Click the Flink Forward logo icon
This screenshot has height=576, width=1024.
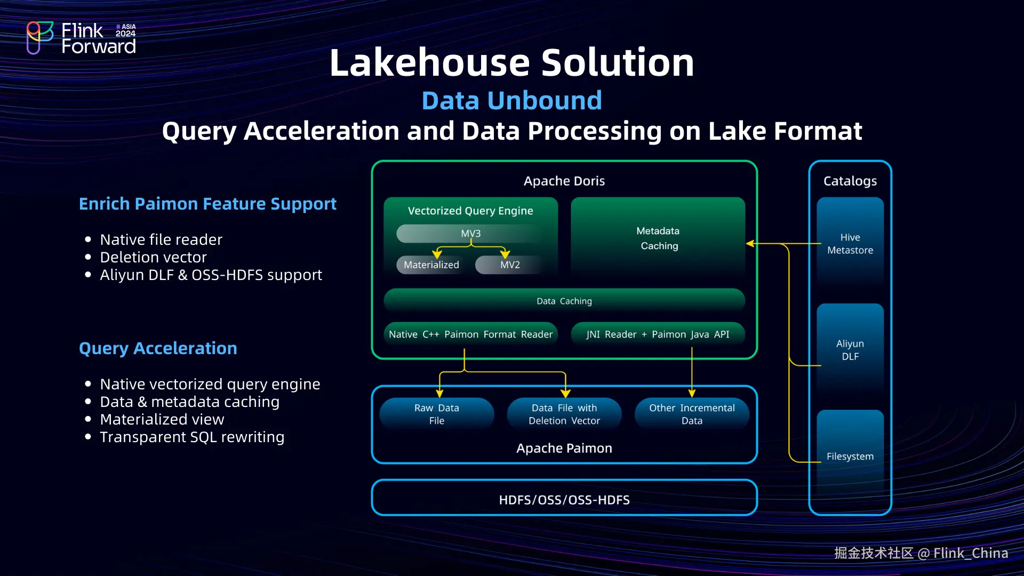tap(40, 37)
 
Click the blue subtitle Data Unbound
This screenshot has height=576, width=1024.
tap(511, 100)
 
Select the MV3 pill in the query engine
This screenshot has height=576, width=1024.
tap(470, 234)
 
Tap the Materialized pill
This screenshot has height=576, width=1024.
tap(431, 265)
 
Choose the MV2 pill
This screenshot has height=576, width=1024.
tap(509, 265)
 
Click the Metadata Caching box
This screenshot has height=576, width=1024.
tap(658, 238)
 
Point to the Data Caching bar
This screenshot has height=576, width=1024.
tap(564, 301)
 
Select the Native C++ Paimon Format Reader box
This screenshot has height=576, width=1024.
tap(470, 334)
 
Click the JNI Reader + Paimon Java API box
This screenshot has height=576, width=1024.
tap(658, 334)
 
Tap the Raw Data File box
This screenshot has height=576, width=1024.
tap(437, 414)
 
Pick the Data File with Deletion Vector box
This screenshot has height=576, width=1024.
tap(564, 414)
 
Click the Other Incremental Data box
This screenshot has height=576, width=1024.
tap(692, 414)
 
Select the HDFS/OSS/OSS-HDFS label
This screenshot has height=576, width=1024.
tap(564, 500)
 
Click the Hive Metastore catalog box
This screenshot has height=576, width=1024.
tap(850, 244)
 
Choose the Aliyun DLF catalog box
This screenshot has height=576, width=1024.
tap(850, 350)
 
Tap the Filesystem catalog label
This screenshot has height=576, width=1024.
tap(850, 457)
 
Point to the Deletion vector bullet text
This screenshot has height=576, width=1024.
tap(153, 257)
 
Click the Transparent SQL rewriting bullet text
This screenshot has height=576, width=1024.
tap(192, 437)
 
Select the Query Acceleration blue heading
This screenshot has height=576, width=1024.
tap(158, 348)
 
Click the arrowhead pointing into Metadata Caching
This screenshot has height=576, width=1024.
tap(750, 244)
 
